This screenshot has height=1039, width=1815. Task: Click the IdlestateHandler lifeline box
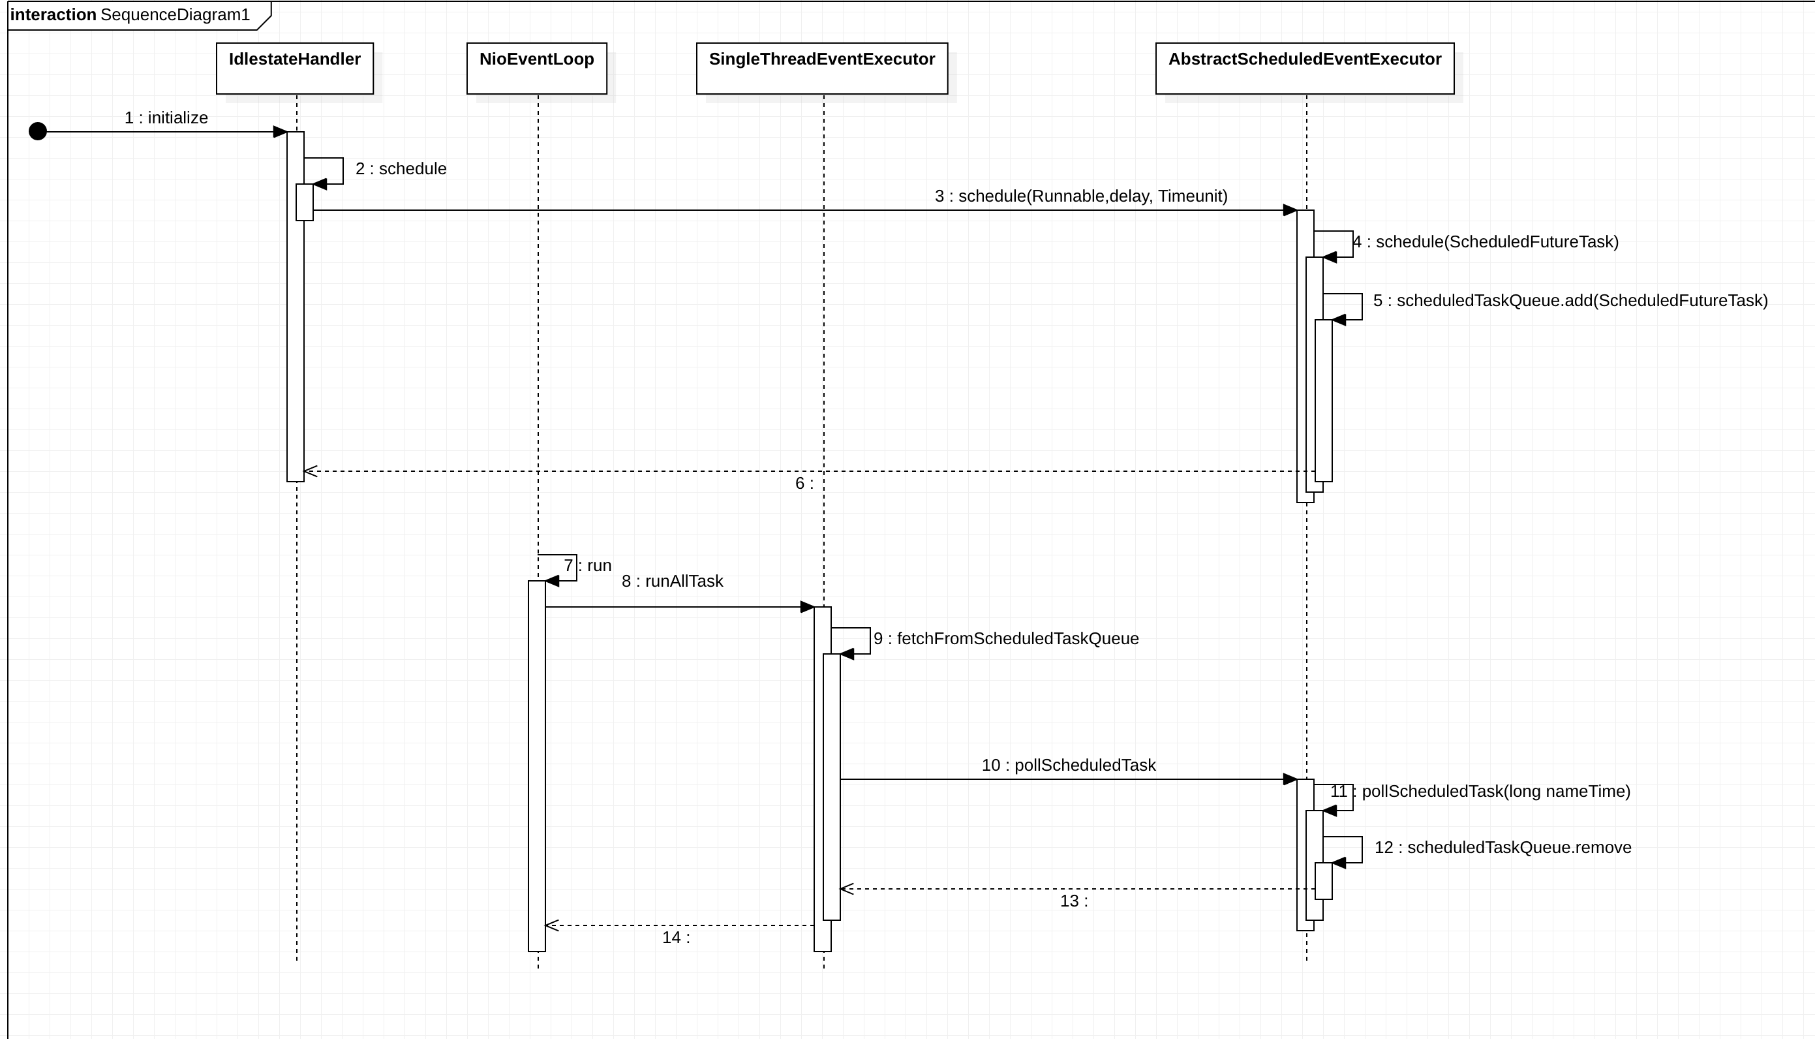pyautogui.click(x=294, y=68)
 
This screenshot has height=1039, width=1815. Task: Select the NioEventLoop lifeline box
pyautogui.click(x=536, y=68)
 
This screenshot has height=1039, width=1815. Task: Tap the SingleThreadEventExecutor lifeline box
pyautogui.click(x=821, y=68)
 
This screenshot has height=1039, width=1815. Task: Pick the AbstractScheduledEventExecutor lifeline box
pyautogui.click(x=1304, y=68)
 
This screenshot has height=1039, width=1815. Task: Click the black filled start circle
pyautogui.click(x=38, y=131)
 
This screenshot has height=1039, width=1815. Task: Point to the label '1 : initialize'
pyautogui.click(x=166, y=117)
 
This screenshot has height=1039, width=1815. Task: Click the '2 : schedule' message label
pyautogui.click(x=401, y=168)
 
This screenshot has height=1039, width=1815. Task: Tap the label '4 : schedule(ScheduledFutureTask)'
pyautogui.click(x=1486, y=242)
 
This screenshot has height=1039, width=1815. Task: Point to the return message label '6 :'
pyautogui.click(x=804, y=484)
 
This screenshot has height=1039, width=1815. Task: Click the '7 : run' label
pyautogui.click(x=588, y=565)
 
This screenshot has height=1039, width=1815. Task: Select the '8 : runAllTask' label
pyautogui.click(x=673, y=581)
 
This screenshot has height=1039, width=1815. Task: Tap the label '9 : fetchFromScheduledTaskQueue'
pyautogui.click(x=1006, y=639)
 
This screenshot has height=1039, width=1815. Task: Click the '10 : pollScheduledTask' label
pyautogui.click(x=1068, y=765)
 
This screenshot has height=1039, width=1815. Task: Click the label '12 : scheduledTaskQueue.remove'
pyautogui.click(x=1502, y=847)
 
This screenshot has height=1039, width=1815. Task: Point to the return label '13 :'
pyautogui.click(x=1073, y=901)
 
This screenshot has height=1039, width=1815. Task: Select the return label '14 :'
pyautogui.click(x=675, y=938)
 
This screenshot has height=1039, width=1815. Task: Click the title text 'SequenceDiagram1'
pyautogui.click(x=175, y=15)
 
